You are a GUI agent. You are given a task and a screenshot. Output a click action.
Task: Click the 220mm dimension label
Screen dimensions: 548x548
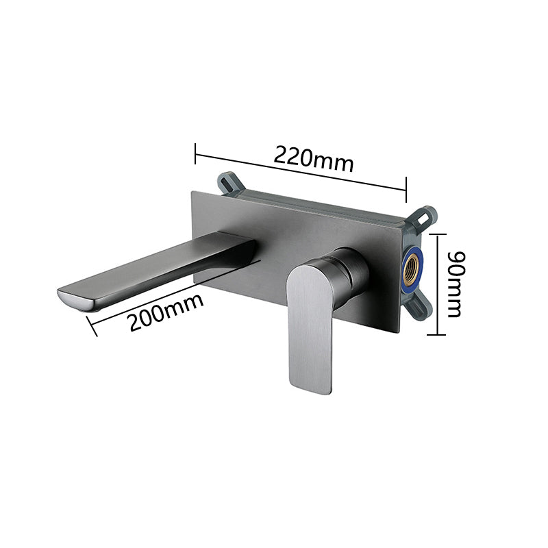(314, 160)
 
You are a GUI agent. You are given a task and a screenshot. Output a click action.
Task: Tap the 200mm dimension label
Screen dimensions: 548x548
(165, 312)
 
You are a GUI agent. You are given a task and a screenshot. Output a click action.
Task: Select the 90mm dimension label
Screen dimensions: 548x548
(456, 284)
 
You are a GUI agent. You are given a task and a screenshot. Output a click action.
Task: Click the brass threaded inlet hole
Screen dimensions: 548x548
(412, 267)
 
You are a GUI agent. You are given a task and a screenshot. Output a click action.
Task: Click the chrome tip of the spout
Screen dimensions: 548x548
(79, 301)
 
